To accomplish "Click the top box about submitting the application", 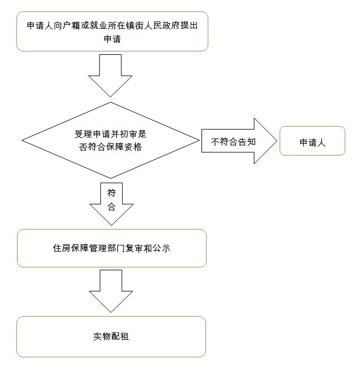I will click(112, 32).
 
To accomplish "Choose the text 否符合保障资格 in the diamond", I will click(110, 147).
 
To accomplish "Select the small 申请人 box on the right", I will click(312, 141).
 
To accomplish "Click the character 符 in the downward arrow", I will click(112, 193).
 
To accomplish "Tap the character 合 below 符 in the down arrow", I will click(112, 207).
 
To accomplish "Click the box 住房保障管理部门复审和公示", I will click(112, 248).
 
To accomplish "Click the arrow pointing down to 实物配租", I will click(112, 291).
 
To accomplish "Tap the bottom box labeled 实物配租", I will click(112, 336).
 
